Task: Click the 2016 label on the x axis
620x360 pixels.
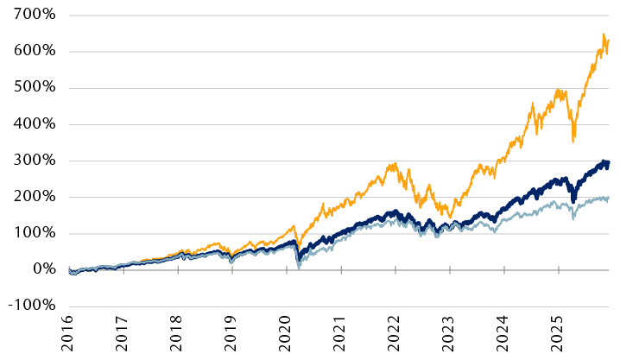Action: click(68, 336)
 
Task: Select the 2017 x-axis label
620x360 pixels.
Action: click(123, 336)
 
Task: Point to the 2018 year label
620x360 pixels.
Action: click(177, 336)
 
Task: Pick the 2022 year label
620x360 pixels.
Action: click(395, 336)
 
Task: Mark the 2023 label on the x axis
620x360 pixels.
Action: click(450, 336)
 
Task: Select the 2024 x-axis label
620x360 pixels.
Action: click(504, 336)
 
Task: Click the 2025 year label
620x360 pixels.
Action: click(559, 336)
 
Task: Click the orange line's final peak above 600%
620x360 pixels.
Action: click(603, 35)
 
